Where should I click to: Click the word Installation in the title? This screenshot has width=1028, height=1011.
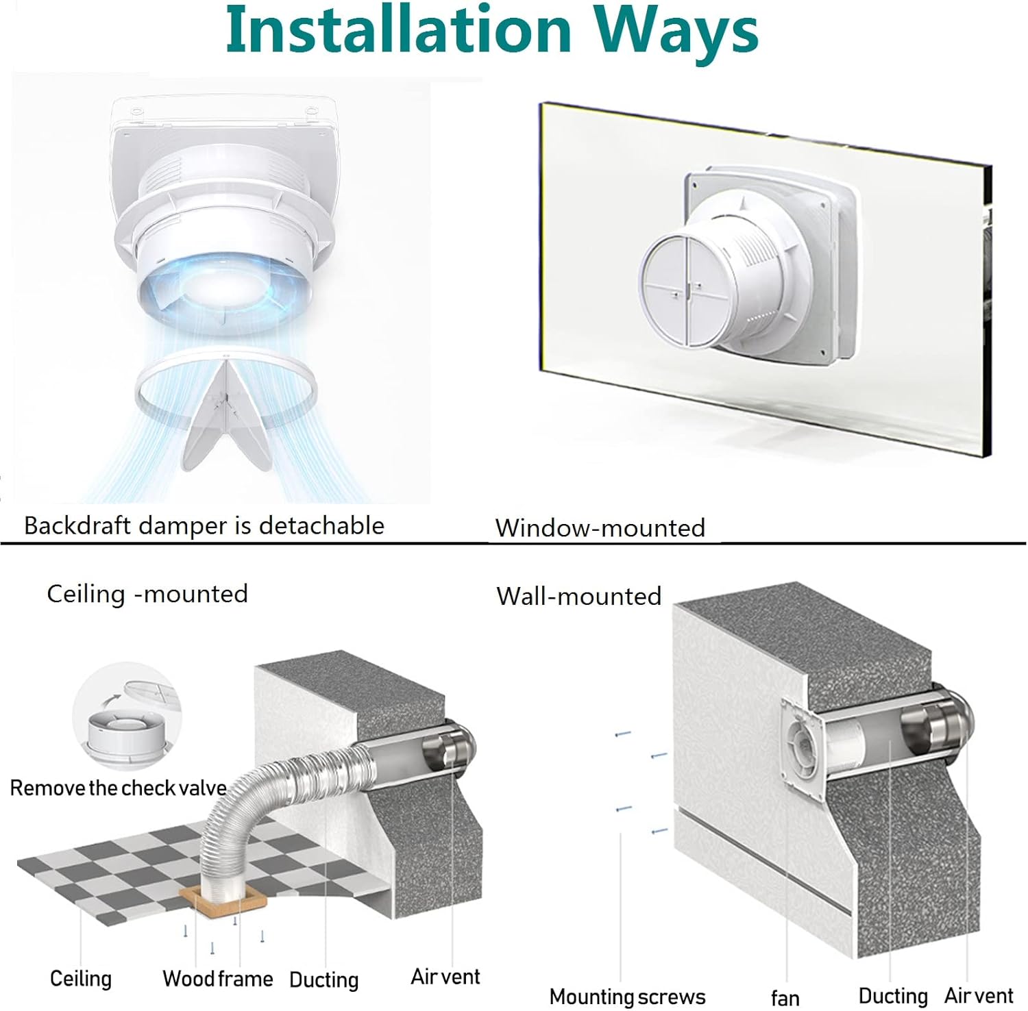tap(398, 30)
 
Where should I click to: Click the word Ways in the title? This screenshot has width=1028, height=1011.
tap(675, 32)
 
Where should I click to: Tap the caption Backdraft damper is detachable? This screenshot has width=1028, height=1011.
tap(204, 525)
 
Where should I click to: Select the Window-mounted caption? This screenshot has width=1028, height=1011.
tap(600, 527)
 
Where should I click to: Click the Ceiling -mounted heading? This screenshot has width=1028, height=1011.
tap(147, 593)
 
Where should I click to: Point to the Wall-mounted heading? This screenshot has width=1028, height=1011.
tap(578, 596)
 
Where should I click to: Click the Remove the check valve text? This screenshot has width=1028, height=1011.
tap(118, 788)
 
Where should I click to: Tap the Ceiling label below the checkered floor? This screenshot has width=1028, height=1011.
tap(81, 978)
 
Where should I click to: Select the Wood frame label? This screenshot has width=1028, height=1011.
tap(217, 979)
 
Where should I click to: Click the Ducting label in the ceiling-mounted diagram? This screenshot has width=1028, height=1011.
tap(323, 979)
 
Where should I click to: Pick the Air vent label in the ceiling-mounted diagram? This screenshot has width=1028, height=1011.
tap(445, 976)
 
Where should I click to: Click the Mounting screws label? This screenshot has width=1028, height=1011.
tap(627, 996)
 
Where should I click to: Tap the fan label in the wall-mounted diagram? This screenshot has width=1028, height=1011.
tap(785, 998)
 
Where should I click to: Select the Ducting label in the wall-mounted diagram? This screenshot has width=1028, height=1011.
tap(892, 995)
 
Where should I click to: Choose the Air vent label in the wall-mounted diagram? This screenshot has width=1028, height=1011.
tap(978, 995)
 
